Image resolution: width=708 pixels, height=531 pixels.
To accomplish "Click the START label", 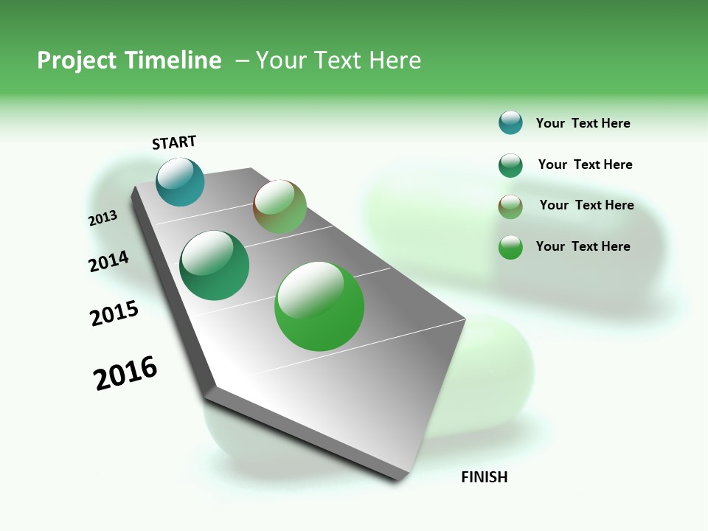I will pos(174,142).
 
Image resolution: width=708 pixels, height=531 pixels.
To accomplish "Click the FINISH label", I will pos(484,477).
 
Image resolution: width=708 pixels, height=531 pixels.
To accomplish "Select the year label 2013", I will pos(103,218).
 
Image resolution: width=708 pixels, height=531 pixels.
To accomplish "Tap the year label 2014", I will pos(108,261).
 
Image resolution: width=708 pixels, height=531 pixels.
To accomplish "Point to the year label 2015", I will pos(114,313).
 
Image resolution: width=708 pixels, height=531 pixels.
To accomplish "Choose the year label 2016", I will pos(125,373).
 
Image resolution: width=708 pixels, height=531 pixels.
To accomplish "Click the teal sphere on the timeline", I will pos(180,182).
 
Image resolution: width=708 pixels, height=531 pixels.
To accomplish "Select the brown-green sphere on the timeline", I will pos(280,206).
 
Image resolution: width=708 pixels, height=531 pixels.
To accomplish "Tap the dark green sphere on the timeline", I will pos(214,265).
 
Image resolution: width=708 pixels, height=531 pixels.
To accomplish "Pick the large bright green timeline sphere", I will pos(319,306).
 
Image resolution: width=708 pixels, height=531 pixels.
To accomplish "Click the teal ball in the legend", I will pos(510,122).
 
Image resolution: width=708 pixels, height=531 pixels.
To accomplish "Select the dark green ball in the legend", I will pos(510,165).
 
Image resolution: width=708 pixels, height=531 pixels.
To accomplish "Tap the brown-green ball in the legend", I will pos(510,206).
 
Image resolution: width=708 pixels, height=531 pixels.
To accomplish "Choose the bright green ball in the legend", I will pos(510,247).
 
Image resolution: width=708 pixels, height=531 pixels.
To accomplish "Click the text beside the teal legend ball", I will pos(583,123).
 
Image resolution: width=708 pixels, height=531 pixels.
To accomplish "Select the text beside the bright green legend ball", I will pos(583,246).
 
